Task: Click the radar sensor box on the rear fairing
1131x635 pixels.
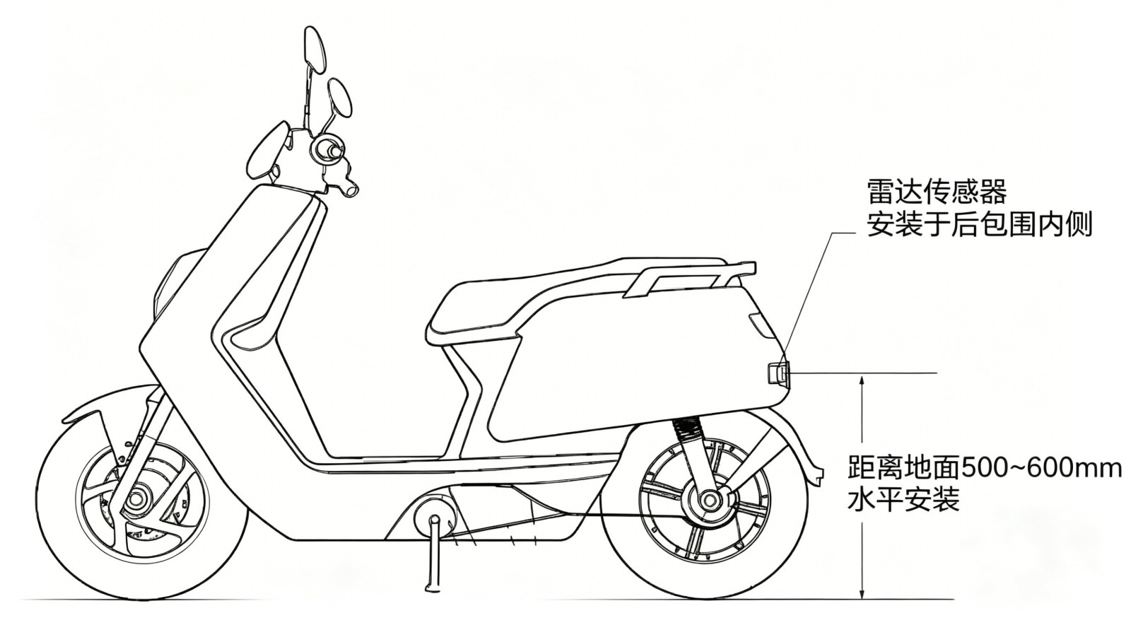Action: pos(778,373)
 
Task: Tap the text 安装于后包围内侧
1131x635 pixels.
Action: pos(980,224)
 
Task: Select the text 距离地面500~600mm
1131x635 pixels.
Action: pos(984,469)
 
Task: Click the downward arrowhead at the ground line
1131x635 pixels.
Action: pos(863,592)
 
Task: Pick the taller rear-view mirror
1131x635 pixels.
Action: pos(314,49)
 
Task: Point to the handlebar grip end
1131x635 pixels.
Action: pos(349,190)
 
